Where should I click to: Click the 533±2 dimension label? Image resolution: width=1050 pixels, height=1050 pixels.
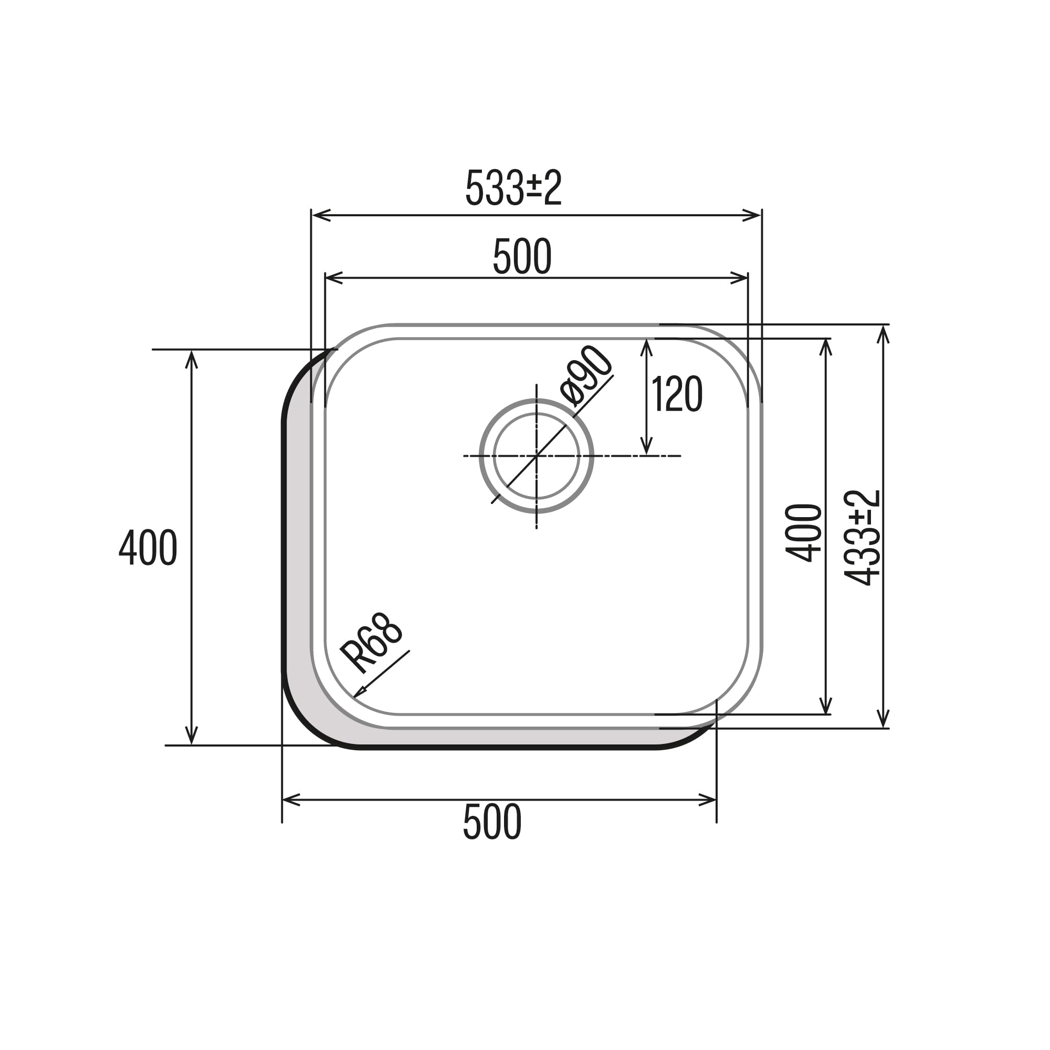pyautogui.click(x=513, y=188)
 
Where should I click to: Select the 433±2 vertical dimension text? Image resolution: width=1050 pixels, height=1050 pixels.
pyautogui.click(x=863, y=538)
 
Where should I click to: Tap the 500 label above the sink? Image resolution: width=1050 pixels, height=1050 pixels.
pyautogui.click(x=522, y=257)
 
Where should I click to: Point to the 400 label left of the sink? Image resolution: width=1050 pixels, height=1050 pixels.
pyautogui.click(x=148, y=548)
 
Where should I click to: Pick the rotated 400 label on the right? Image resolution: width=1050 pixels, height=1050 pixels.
pyautogui.click(x=803, y=532)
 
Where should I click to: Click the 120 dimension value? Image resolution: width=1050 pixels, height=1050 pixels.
pyautogui.click(x=677, y=395)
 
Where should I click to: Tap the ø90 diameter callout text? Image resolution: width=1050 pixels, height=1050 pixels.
pyautogui.click(x=586, y=376)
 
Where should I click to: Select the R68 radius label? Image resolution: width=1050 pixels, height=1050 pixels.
pyautogui.click(x=372, y=643)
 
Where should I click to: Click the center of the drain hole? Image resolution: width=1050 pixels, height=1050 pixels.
pyautogui.click(x=537, y=455)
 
